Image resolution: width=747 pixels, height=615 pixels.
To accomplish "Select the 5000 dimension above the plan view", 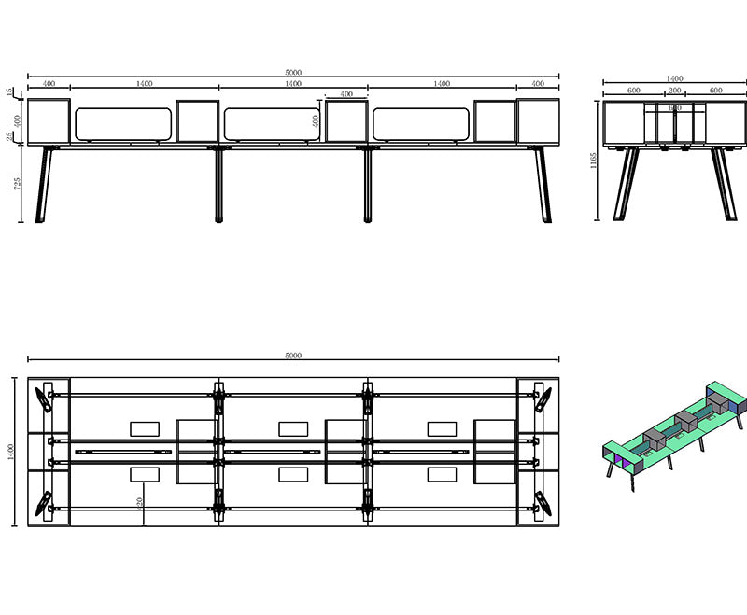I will tap(293, 356).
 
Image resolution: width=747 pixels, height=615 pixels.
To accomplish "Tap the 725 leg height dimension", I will tap(17, 184).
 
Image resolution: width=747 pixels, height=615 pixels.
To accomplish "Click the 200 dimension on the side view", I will tap(674, 91).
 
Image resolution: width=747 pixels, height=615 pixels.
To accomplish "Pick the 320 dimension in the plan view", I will tap(140, 502).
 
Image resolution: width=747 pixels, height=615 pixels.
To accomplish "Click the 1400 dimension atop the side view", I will tap(674, 79).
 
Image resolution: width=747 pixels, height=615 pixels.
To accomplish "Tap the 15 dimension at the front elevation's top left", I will tap(10, 92).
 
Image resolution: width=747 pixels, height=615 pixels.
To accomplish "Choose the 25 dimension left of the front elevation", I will tap(10, 136).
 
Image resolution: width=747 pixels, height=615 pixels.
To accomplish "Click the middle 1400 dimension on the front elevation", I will tap(293, 84).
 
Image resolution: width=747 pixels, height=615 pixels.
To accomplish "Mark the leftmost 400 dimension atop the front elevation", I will tap(49, 84).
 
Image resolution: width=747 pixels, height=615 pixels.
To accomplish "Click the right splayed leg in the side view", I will tap(722, 184).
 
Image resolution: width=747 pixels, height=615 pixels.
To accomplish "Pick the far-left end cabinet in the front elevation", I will tap(49, 121).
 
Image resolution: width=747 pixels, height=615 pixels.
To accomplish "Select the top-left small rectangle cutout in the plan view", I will tap(145, 428).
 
